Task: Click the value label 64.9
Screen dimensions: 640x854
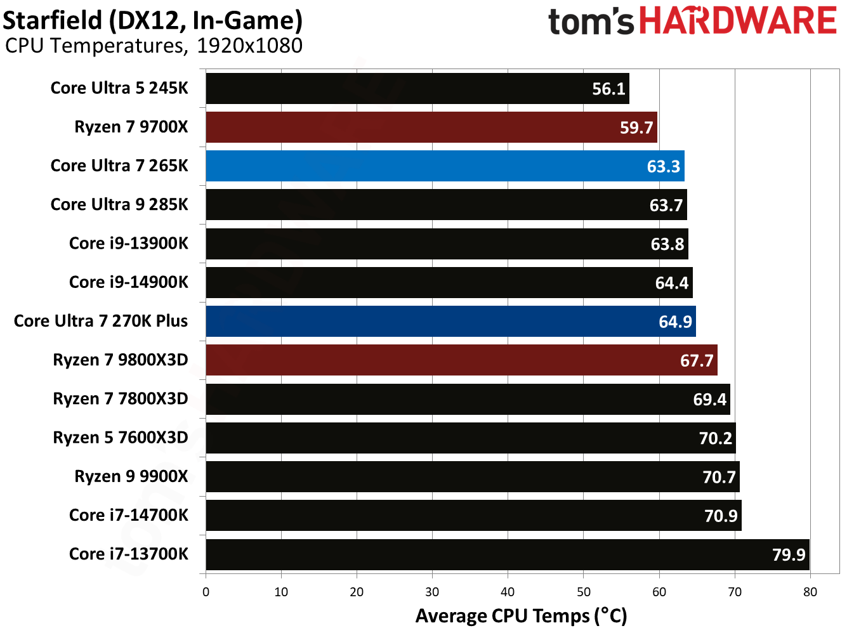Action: (x=675, y=322)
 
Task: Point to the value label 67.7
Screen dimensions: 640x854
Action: (x=697, y=360)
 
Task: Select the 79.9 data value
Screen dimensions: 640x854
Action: (x=788, y=554)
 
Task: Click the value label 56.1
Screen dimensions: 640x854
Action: (x=608, y=89)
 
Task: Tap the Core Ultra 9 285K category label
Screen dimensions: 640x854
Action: (x=119, y=204)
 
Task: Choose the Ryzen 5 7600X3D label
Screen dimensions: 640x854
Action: (x=121, y=438)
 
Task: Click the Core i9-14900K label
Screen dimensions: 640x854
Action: (x=129, y=282)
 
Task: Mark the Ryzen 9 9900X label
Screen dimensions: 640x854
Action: (x=131, y=476)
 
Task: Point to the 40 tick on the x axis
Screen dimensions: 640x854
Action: (x=508, y=592)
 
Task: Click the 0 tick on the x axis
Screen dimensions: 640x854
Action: (x=206, y=592)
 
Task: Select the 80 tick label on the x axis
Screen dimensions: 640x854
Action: (x=810, y=592)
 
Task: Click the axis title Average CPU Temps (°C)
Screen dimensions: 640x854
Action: (x=521, y=616)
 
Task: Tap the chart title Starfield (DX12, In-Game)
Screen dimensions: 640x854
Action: (x=152, y=20)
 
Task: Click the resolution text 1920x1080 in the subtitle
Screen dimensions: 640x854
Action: (x=249, y=46)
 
